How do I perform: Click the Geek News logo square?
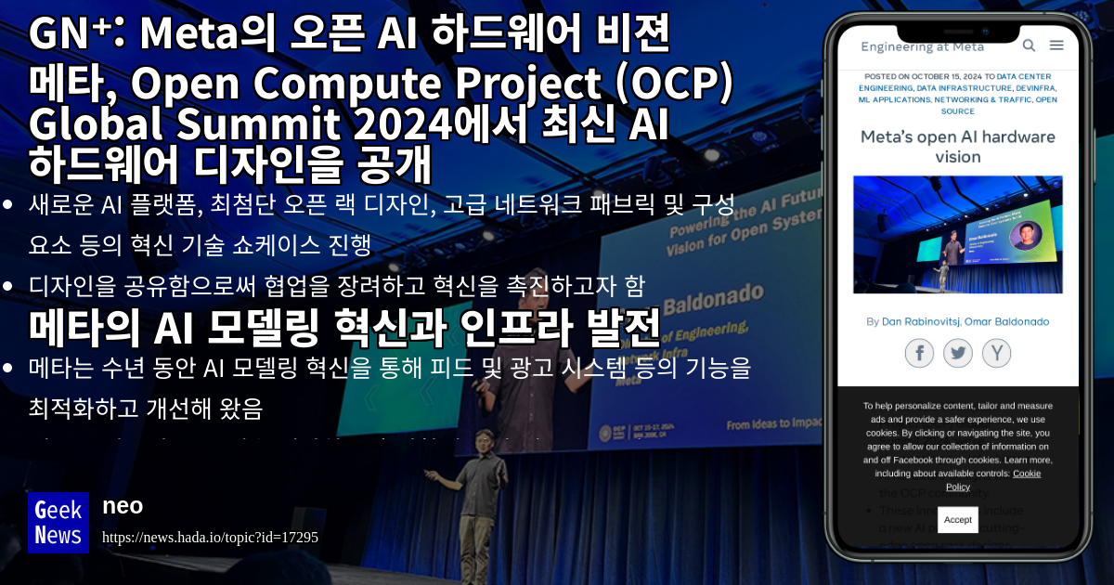tap(58, 522)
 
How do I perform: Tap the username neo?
tap(123, 505)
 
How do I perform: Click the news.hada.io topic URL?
tap(210, 537)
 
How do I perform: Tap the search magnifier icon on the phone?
tap(1029, 45)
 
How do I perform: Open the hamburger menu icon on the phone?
tap(1056, 45)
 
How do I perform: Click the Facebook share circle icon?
tap(919, 353)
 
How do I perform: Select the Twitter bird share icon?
tap(958, 353)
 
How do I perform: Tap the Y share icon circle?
tap(996, 353)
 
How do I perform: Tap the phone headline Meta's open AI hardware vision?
tap(958, 147)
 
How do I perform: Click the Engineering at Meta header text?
tap(922, 46)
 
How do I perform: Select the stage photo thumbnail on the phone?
tap(958, 234)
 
